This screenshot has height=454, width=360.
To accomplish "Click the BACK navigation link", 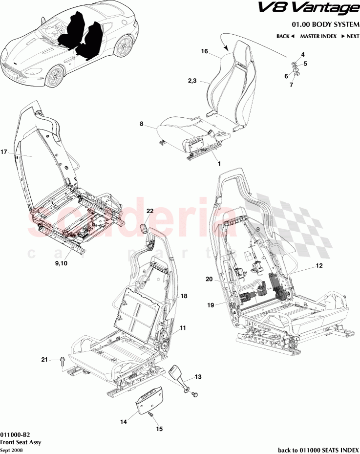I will click(x=285, y=36).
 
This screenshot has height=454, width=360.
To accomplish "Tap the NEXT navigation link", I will click(x=350, y=36).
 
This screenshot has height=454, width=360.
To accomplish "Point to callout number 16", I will click(x=205, y=51).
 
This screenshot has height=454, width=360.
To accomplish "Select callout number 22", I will click(x=150, y=211).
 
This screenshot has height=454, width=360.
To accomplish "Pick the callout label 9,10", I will click(x=62, y=263).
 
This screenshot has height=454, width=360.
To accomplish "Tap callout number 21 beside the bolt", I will click(x=44, y=360).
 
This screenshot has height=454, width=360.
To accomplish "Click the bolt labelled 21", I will click(x=62, y=362).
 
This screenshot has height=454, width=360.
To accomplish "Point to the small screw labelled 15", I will click(x=150, y=414).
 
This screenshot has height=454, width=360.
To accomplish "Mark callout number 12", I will click(x=318, y=266).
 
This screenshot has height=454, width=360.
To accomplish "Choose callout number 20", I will click(x=209, y=280).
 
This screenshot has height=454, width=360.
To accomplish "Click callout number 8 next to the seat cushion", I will click(x=142, y=125).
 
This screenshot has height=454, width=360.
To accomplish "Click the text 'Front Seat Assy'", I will click(x=21, y=442).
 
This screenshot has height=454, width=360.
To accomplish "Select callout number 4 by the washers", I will click(x=303, y=54).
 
